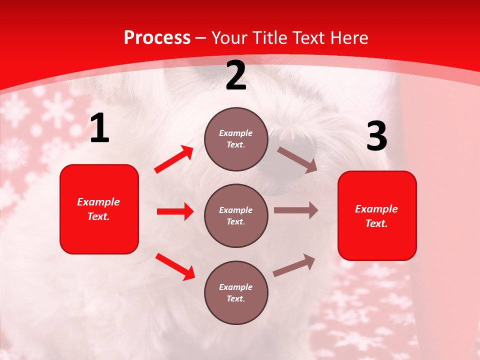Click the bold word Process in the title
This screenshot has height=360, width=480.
pyautogui.click(x=157, y=38)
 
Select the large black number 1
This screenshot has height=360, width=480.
pyautogui.click(x=99, y=128)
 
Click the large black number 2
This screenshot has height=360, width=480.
pyautogui.click(x=236, y=76)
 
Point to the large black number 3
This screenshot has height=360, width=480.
pyautogui.click(x=376, y=136)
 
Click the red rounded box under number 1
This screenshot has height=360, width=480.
pyautogui.click(x=99, y=209)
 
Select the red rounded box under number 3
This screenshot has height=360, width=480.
pyautogui.click(x=377, y=216)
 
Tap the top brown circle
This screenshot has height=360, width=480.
pyautogui.click(x=236, y=139)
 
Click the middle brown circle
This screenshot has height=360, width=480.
pyautogui.click(x=236, y=215)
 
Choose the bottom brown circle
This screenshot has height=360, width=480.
pyautogui.click(x=236, y=292)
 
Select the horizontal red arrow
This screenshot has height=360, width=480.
pyautogui.click(x=175, y=211)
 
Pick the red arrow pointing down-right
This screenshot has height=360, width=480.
pyautogui.click(x=175, y=266)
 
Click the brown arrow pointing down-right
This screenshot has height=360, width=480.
pyautogui.click(x=297, y=159)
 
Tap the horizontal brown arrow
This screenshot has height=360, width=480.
pyautogui.click(x=296, y=210)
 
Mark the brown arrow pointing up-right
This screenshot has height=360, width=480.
pyautogui.click(x=294, y=265)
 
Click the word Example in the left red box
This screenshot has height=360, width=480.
pyautogui.click(x=98, y=202)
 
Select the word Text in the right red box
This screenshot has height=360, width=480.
pyautogui.click(x=376, y=223)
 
